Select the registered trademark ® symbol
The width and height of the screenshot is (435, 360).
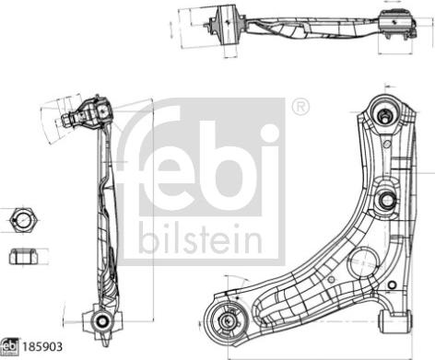[300, 110]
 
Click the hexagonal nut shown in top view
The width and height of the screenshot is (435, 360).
[22, 221]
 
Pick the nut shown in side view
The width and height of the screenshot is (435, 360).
[22, 257]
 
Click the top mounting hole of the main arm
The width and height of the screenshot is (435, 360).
[383, 115]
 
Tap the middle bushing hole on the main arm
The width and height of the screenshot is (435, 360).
[386, 197]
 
